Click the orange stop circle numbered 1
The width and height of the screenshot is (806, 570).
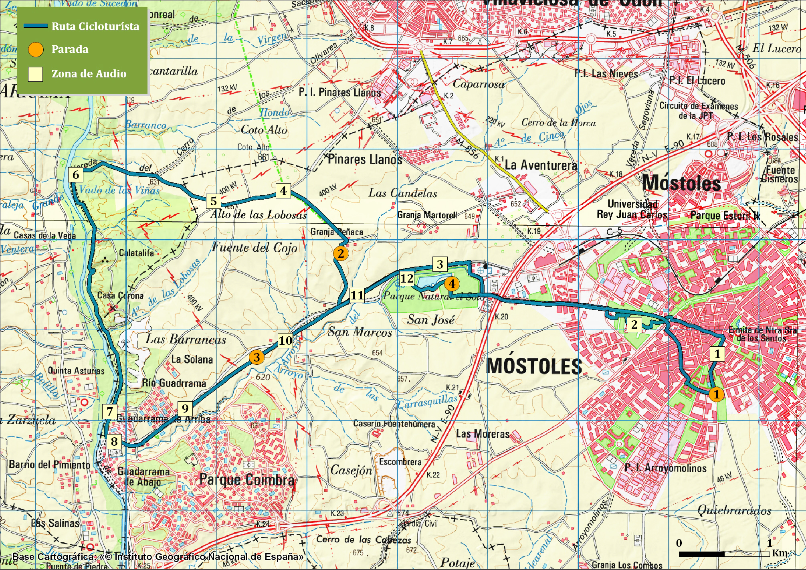click(716, 394)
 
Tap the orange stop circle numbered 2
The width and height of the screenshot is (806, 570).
click(341, 253)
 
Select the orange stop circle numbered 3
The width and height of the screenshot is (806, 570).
click(257, 357)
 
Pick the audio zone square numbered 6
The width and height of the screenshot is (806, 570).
click(76, 175)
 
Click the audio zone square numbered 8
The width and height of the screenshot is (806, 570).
click(114, 441)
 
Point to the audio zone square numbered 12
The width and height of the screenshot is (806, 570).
click(406, 278)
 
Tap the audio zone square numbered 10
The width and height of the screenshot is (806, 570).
click(285, 340)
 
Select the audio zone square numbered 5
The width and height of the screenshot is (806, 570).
click(214, 201)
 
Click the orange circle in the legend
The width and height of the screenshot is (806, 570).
click(36, 50)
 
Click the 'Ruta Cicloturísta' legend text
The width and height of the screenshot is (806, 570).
click(95, 26)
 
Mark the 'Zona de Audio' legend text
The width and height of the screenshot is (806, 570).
click(89, 74)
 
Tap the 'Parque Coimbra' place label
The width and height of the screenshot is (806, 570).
click(247, 480)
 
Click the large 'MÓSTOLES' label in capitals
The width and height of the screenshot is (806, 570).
click(534, 366)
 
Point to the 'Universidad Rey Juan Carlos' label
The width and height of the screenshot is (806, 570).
click(632, 209)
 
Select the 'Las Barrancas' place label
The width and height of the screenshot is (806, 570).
click(186, 340)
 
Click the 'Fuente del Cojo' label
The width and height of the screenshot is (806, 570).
click(255, 247)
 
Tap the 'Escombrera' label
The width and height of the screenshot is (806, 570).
click(400, 462)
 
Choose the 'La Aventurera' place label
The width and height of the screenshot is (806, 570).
click(541, 165)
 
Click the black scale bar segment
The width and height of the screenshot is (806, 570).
click(702, 554)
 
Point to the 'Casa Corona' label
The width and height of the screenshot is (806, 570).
click(120, 295)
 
